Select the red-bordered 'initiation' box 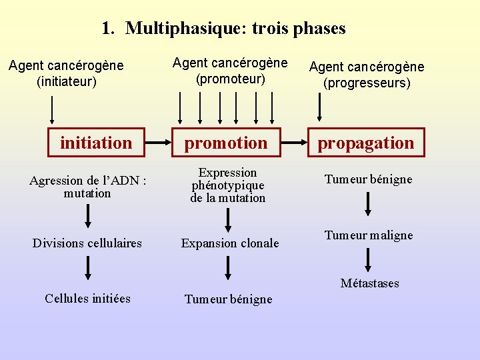pyautogui.click(x=96, y=143)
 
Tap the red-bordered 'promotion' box pyautogui.click(x=226, y=143)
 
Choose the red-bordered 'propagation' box pyautogui.click(x=365, y=143)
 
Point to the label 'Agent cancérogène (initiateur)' pyautogui.click(x=66, y=74)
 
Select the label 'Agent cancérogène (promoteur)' pyautogui.click(x=230, y=71)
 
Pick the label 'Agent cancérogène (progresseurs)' pyautogui.click(x=367, y=75)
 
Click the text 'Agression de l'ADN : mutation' pyautogui.click(x=88, y=187)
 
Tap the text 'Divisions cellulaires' pyautogui.click(x=87, y=243)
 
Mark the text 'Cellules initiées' pyautogui.click(x=87, y=298)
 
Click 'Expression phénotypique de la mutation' pyautogui.click(x=228, y=185)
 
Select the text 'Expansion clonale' pyautogui.click(x=230, y=243)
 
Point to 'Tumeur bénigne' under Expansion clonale pyautogui.click(x=229, y=299)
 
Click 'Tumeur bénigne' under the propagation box pyautogui.click(x=368, y=179)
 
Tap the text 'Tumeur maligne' pyautogui.click(x=369, y=235)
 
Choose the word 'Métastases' pyautogui.click(x=369, y=283)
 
